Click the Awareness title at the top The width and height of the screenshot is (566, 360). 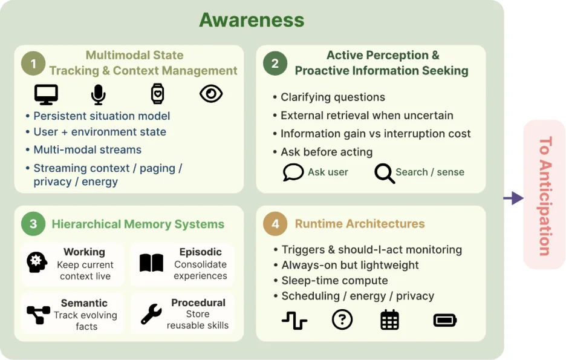pos(252,20)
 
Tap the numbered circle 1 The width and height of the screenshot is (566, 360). pos(33,64)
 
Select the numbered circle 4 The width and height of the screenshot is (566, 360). pos(275,224)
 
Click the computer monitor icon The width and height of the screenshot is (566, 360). pos(46,94)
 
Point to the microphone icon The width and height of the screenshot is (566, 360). pos(98,94)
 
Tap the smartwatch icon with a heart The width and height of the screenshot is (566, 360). pos(157,94)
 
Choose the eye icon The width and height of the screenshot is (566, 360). pos(211,94)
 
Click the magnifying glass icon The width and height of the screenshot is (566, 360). pos(385,174)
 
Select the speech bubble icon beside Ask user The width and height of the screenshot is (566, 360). pos(293,172)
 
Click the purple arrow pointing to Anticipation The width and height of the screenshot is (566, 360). pos(513,198)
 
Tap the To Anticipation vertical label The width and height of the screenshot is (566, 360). pos(545,196)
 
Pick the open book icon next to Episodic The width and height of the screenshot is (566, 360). pos(152,263)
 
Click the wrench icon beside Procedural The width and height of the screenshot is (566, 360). pos(151,314)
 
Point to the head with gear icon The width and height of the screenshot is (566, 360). pos(37,263)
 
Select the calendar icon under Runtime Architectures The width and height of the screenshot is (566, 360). pos(390,319)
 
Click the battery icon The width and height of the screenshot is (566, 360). pos(445,320)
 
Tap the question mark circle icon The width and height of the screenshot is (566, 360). pos(342,319)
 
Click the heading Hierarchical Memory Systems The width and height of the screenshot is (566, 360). pos(138,224)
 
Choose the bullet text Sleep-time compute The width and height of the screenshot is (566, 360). pos(334,281)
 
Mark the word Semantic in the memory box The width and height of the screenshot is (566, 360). pos(84,303)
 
